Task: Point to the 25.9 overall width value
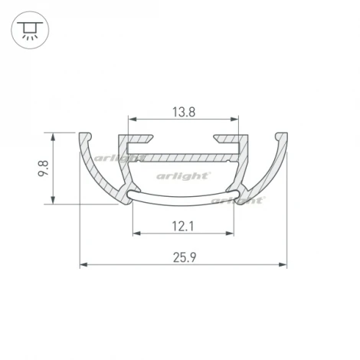click(x=182, y=257)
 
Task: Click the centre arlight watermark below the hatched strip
click(x=183, y=175)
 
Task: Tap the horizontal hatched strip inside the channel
click(x=184, y=157)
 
